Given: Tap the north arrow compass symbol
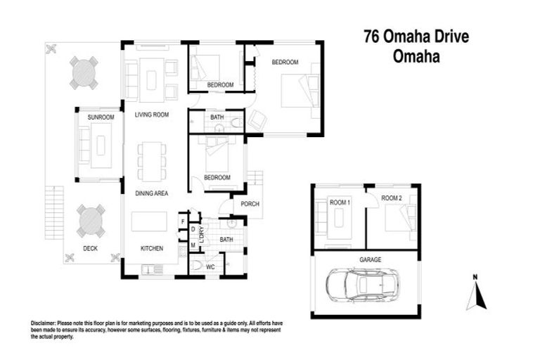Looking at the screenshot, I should click(476, 292).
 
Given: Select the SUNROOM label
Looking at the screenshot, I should click(101, 117).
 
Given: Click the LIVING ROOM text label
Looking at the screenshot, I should click(153, 115).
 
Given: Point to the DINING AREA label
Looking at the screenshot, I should click(151, 193).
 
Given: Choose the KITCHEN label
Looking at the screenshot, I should click(151, 248).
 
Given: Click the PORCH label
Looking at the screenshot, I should click(250, 205).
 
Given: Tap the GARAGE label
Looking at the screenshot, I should click(371, 259).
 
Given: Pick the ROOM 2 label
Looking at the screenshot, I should click(392, 199).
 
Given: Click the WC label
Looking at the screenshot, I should click(210, 266).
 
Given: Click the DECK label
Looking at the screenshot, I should click(90, 248).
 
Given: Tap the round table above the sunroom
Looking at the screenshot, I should click(84, 72).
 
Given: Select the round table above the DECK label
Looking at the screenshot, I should click(90, 219).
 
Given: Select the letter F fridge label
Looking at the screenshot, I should click(183, 221).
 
